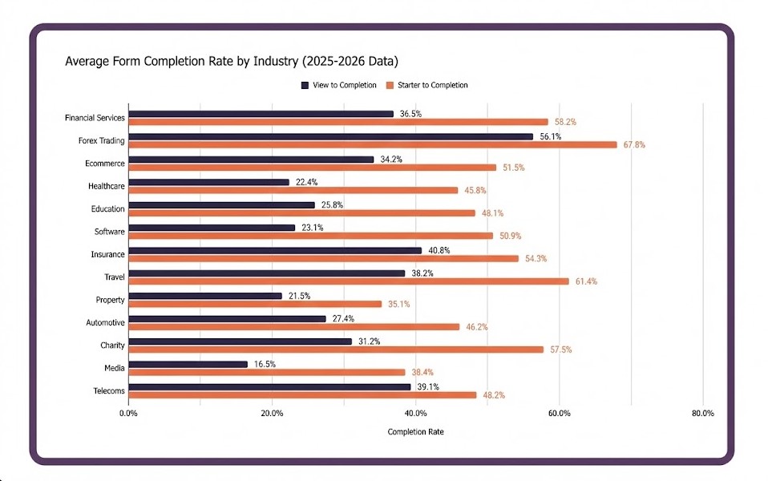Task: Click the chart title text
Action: click(x=232, y=61)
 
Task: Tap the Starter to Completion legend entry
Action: click(x=426, y=85)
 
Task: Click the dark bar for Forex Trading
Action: click(x=330, y=136)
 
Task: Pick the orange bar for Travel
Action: click(x=348, y=281)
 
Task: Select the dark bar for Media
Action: click(x=188, y=364)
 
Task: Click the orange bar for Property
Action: click(x=255, y=304)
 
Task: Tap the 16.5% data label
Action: click(x=265, y=364)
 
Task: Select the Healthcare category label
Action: click(x=107, y=186)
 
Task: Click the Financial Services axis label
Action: click(x=95, y=118)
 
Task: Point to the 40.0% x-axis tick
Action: click(x=415, y=414)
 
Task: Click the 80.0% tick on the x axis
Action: click(x=702, y=414)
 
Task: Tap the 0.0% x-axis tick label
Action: click(x=128, y=414)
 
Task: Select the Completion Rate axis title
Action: click(x=415, y=432)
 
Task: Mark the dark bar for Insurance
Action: click(x=274, y=250)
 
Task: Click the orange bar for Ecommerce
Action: click(x=312, y=168)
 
